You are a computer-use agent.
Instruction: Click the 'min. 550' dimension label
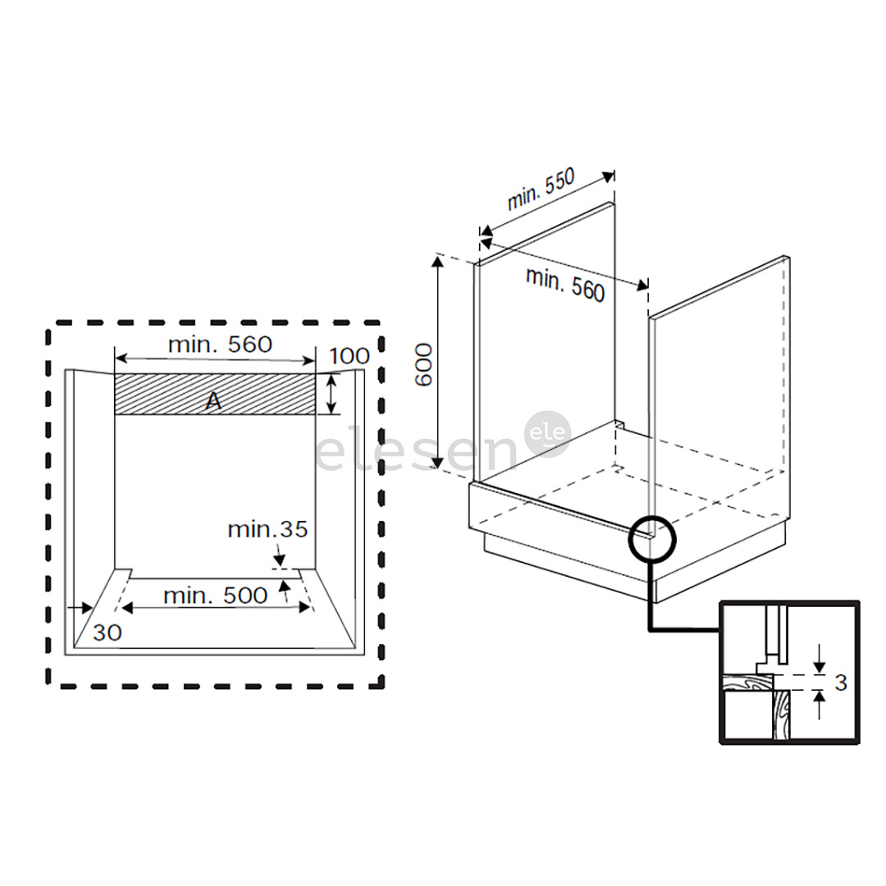coord(541,190)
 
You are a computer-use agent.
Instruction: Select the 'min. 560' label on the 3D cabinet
coord(565,284)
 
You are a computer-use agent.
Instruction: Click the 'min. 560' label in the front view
coord(219,345)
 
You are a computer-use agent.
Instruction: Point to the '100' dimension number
coord(349,356)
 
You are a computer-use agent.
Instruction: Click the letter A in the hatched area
coord(212,401)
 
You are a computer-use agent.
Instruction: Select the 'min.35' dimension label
coord(267,529)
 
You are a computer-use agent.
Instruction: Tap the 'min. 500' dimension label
coord(215,596)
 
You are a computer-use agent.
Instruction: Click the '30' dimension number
coord(107,633)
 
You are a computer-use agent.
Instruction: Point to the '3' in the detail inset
coord(840,682)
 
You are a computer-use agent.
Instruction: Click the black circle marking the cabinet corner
coord(651,540)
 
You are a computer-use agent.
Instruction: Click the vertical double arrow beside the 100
coord(331,394)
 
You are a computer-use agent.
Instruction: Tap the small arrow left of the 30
coord(81,607)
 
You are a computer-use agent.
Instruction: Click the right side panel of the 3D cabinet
coord(722,377)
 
